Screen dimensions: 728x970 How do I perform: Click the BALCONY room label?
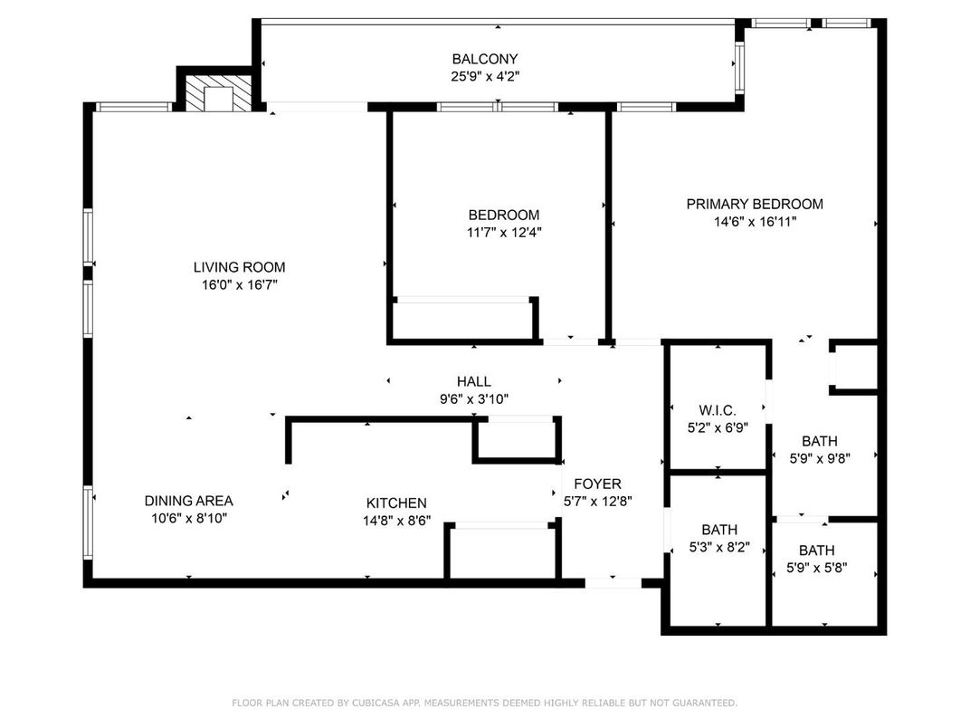click(486, 60)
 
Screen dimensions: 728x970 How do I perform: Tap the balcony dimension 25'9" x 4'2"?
click(486, 77)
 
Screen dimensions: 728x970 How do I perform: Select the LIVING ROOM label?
click(239, 267)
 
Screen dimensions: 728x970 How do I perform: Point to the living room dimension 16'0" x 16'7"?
click(239, 284)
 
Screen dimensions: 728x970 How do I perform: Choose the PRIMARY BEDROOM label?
click(755, 204)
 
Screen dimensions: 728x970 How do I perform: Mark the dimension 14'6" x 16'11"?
click(755, 221)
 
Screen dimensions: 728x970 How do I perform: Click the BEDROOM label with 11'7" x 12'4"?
click(503, 215)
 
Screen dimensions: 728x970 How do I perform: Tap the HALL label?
click(473, 382)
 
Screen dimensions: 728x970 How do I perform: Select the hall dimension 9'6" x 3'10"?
click(473, 399)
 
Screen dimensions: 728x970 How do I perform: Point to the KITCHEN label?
click(396, 503)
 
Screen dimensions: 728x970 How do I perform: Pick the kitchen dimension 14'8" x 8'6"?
click(396, 521)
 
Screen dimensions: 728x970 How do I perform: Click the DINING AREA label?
click(188, 501)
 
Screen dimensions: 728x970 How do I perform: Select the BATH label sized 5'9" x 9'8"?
click(819, 441)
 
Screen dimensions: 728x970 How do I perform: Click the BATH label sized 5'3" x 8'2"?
click(719, 530)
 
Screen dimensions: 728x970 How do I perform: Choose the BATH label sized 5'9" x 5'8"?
click(816, 550)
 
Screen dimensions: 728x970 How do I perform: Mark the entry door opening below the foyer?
click(613, 582)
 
